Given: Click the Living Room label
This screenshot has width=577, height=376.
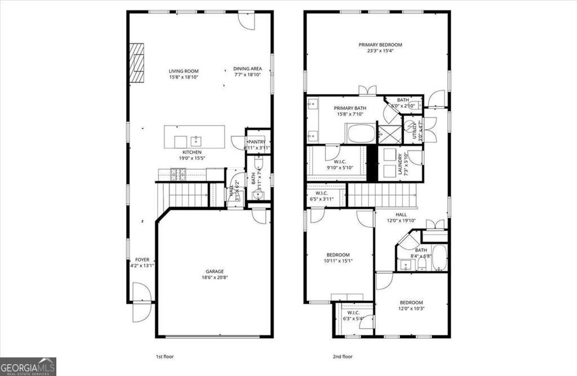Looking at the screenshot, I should [184, 72].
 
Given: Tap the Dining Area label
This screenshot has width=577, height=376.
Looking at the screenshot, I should [247, 69].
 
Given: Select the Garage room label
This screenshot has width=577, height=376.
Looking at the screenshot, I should [214, 271].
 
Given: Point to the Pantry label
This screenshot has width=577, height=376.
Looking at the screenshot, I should [256, 141].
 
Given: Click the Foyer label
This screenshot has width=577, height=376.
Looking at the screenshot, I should [142, 260].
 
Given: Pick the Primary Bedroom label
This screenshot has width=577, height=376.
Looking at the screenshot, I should [380, 45].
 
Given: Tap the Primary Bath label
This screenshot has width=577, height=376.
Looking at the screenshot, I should [350, 108].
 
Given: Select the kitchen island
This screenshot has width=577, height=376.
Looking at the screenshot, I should [194, 136].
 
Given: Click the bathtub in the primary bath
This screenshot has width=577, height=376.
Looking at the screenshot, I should [361, 134].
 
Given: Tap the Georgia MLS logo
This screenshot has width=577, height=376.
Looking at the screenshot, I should [28, 366].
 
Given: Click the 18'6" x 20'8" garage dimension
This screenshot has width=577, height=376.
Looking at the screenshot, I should [214, 277].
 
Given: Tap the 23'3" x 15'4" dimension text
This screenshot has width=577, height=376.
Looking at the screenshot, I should [380, 51].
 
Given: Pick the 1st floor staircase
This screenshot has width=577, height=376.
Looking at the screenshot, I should [188, 196].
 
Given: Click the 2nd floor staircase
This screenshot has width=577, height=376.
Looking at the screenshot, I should [381, 196].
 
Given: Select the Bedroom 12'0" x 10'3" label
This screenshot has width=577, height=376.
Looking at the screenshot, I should [411, 303].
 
